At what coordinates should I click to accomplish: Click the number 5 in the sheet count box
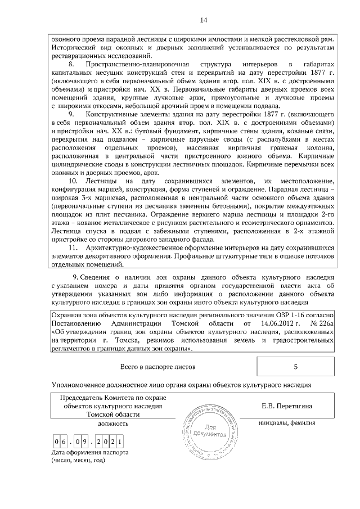pos(295,366)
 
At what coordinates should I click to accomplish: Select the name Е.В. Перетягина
pos(290,406)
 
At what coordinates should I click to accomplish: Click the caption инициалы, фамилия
pos(287,422)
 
